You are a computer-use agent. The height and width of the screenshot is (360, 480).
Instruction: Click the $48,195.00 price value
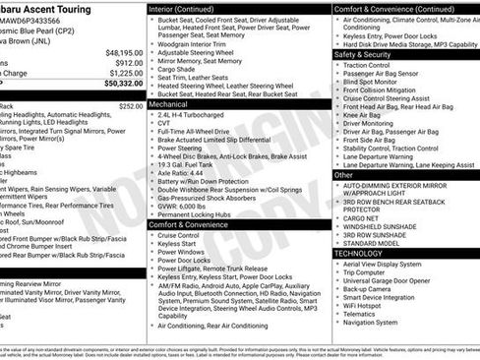point(121,51)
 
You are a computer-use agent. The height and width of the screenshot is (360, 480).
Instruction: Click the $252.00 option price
point(131,105)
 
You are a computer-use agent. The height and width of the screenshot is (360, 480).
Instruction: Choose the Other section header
point(345,174)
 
